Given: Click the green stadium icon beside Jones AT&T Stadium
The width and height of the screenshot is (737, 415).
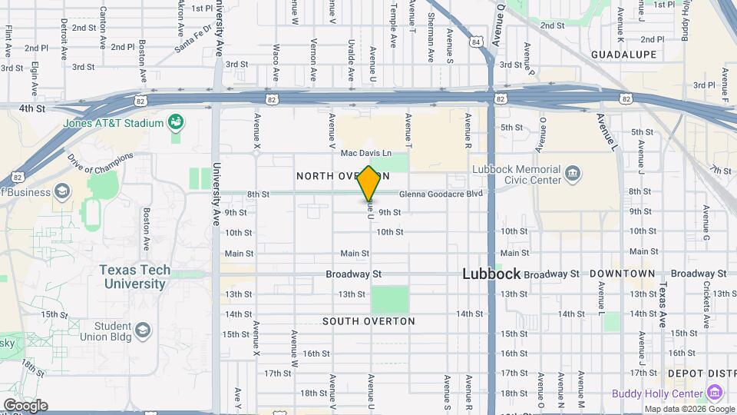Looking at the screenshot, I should pos(176,122).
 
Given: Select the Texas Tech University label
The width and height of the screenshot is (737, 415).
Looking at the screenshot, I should pos(133,277).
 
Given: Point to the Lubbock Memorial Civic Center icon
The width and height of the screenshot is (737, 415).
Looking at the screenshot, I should pos(572,174).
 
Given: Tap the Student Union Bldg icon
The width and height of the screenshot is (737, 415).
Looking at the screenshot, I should pos(142,331).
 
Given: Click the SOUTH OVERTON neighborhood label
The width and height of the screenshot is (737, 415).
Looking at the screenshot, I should pos(368,321).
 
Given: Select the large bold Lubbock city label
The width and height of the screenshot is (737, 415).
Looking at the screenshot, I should pos(492,274).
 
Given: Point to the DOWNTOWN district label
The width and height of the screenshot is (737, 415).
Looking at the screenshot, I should pos(622,274).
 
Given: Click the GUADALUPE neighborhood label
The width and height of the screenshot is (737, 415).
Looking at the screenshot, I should pos(624,55).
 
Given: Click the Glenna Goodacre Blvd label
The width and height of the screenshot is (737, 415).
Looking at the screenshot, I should pos(441,194).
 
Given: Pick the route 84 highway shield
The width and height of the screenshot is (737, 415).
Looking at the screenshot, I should pos(477,41).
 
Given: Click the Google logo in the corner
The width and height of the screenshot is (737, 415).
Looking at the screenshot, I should pos(25,405).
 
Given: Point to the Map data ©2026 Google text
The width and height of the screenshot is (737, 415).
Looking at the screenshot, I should pos(689,409).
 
